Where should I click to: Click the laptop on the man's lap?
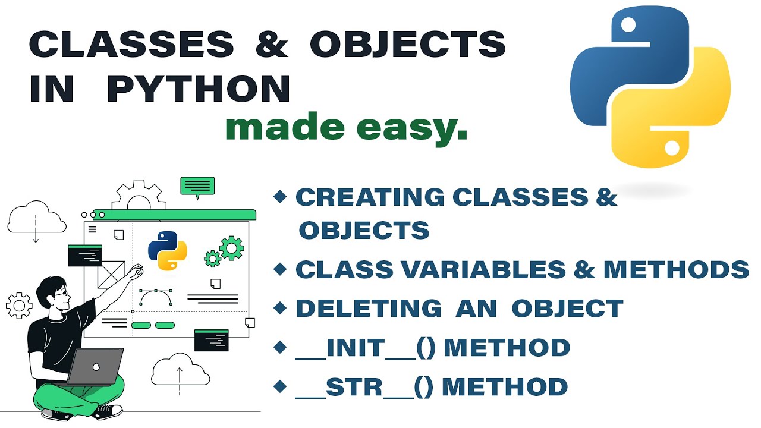95,366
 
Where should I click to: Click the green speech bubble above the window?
197,187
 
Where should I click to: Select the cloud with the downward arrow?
36,219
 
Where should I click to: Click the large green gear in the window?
231,247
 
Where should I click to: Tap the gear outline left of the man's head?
19,306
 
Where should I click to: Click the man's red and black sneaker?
108,410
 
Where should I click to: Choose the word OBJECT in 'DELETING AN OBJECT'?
567,308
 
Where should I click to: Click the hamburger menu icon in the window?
92,228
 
